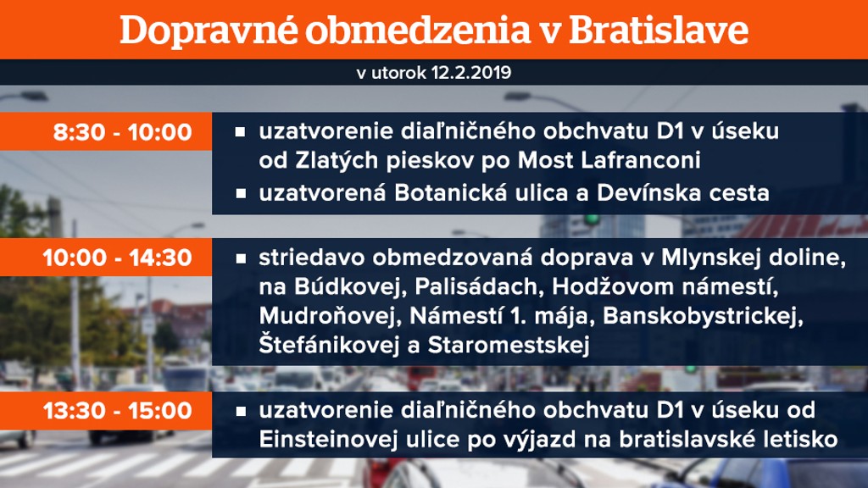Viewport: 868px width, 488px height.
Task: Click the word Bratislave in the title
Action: click(x=658, y=30)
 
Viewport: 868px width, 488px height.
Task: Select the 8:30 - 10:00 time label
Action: click(x=122, y=132)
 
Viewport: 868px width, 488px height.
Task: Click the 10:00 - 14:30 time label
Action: click(x=117, y=258)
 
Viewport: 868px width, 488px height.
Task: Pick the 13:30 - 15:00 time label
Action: click(x=117, y=411)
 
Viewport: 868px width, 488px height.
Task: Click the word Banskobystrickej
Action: click(x=703, y=317)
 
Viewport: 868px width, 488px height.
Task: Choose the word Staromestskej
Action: click(x=509, y=344)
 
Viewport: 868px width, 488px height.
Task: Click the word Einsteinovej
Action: click(x=329, y=440)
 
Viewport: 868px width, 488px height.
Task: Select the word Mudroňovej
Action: click(x=329, y=316)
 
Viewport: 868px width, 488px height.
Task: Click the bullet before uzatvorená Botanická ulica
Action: click(x=240, y=194)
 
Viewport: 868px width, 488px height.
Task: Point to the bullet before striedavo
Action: click(x=240, y=258)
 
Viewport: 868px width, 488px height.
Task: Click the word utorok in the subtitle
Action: click(x=398, y=73)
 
